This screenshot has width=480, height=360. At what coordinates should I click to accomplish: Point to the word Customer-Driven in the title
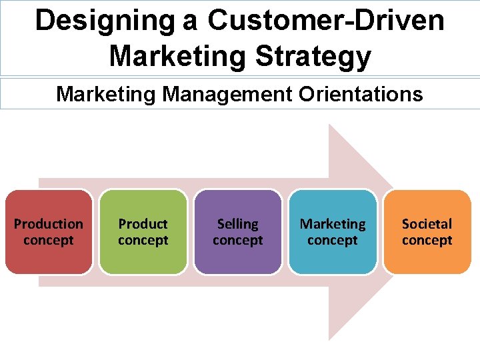tap(325, 20)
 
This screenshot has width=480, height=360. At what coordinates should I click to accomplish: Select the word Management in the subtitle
tap(227, 94)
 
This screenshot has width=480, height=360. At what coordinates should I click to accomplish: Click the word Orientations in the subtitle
tap(361, 94)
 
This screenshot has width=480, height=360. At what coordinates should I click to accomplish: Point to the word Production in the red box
tap(49, 224)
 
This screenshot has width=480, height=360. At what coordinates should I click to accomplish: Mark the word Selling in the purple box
tap(238, 224)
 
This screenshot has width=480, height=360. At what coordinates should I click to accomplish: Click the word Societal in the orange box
tap(427, 224)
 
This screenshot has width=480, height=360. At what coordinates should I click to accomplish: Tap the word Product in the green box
tap(143, 224)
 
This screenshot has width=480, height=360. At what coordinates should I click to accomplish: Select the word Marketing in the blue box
tap(333, 224)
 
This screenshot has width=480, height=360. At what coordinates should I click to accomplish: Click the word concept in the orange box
tap(427, 240)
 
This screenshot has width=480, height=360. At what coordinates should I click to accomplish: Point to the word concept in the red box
tap(49, 240)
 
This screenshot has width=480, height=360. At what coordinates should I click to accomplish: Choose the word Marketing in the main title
tap(178, 57)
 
